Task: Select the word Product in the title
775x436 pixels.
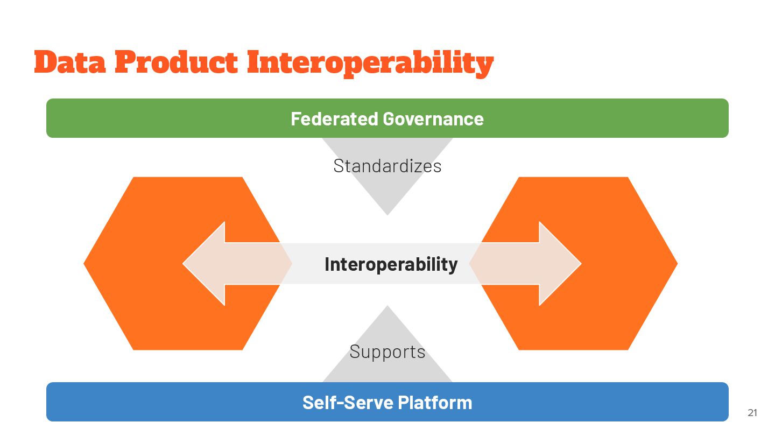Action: coord(175,62)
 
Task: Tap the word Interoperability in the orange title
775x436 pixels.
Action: coord(370,64)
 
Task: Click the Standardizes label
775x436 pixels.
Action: coord(387,166)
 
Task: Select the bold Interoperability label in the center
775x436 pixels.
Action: coord(391,264)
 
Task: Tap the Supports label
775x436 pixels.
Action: coord(387,352)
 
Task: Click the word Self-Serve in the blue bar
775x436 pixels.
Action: coord(348,403)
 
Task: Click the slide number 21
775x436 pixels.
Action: coord(752,413)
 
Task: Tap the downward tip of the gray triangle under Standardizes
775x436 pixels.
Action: coord(387,214)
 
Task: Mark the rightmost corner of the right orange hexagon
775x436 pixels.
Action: coord(676,264)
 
